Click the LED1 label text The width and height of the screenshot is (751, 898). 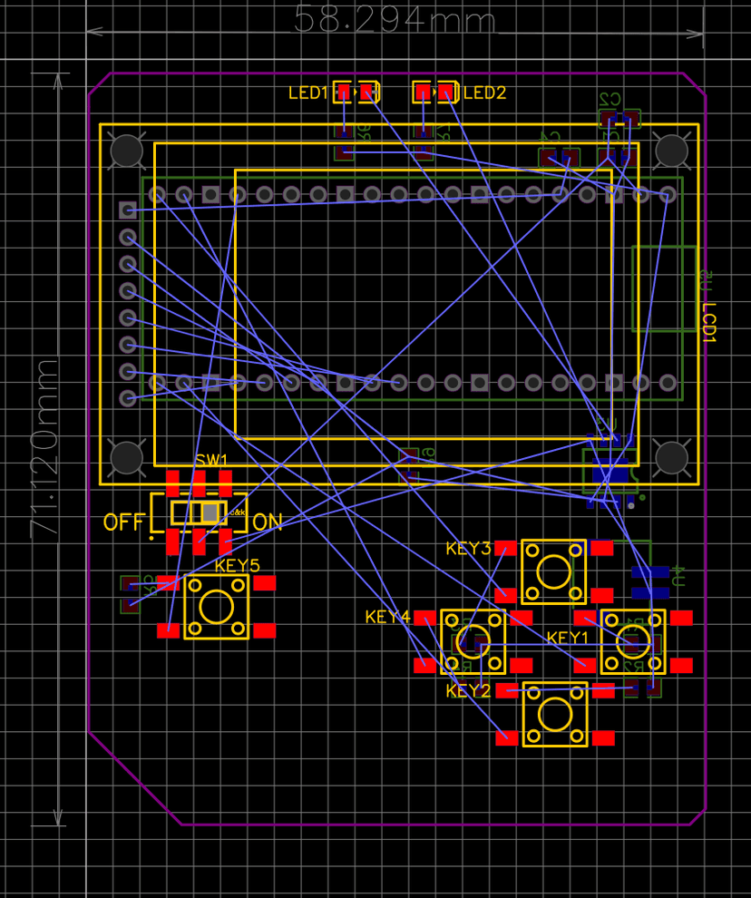pos(307,93)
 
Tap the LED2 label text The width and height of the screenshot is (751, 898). pos(484,93)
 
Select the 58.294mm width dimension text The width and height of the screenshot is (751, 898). pos(395,20)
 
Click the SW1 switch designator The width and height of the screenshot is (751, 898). pos(211,461)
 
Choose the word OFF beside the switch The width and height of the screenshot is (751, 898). pos(124,522)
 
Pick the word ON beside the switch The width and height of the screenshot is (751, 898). pos(268,522)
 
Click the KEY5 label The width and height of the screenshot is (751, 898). pos(237,566)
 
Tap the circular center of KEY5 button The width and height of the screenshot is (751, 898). pos(216,607)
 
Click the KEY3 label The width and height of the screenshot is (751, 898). pos(468,549)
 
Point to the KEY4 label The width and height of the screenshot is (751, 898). pos(388,618)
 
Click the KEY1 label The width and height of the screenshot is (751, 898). pos(568,638)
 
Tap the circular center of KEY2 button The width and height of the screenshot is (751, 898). pos(553,714)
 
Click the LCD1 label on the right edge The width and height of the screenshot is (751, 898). pos(709,322)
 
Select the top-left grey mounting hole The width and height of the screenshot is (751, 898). pos(126,151)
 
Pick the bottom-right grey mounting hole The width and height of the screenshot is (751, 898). pos(672,458)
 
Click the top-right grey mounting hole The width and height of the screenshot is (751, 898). pos(672,151)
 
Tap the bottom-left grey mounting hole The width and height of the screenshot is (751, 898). pos(126,458)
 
